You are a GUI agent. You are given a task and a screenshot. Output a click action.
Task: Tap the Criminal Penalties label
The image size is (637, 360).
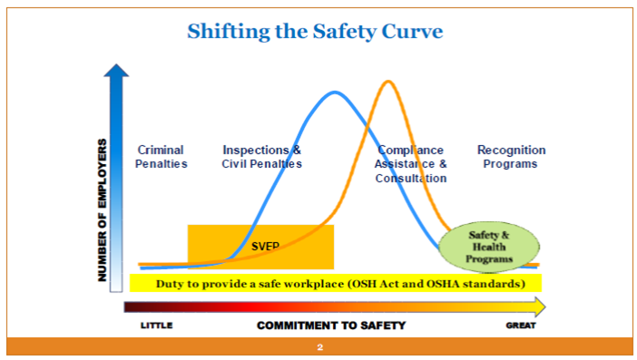(162, 157)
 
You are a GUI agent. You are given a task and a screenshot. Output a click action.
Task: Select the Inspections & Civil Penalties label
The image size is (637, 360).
(261, 157)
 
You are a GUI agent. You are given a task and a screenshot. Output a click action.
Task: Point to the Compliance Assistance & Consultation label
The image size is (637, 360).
(411, 164)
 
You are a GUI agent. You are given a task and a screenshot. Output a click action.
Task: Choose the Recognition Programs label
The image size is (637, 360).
(511, 157)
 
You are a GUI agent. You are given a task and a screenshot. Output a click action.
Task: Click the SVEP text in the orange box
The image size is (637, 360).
(264, 246)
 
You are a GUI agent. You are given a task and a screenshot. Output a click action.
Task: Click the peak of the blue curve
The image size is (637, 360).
(335, 92)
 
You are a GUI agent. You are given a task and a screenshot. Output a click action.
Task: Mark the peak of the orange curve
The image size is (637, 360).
(388, 82)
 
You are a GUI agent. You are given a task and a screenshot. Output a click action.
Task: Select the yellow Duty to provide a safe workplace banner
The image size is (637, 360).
(336, 284)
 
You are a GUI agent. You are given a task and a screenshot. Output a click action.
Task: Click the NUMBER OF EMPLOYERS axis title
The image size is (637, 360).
(103, 209)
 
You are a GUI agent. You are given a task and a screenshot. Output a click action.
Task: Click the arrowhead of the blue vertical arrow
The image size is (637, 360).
(115, 72)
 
